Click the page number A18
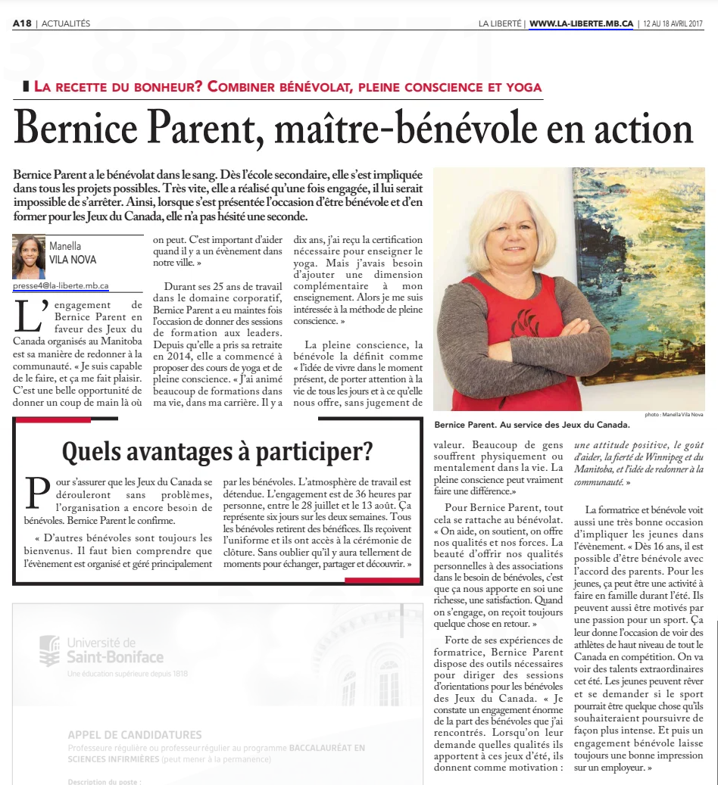[22, 23]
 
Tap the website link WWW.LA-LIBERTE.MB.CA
[581, 23]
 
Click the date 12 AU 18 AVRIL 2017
[673, 23]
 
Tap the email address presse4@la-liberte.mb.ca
[61, 286]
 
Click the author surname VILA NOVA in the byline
[73, 260]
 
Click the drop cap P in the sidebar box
[36, 492]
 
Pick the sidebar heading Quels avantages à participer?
[217, 452]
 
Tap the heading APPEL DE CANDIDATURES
[135, 734]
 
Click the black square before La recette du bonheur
[27, 86]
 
